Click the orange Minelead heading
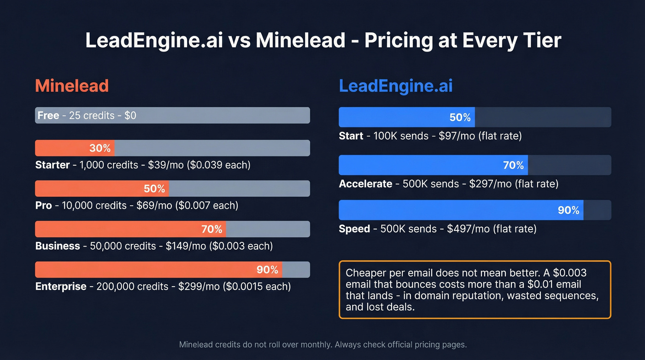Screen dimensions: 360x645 (x=72, y=86)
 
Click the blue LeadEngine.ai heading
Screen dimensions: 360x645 (x=396, y=86)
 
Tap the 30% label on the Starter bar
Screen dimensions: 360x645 (x=100, y=148)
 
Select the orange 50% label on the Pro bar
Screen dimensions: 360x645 (x=154, y=189)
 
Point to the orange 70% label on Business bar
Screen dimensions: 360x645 (x=211, y=229)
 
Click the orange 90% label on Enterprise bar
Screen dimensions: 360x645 (x=267, y=270)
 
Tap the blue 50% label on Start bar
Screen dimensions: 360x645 (x=460, y=118)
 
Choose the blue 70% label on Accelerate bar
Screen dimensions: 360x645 (x=513, y=165)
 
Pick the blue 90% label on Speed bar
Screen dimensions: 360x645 (x=569, y=210)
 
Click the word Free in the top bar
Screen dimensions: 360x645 (x=48, y=115)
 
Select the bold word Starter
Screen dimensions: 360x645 (x=53, y=165)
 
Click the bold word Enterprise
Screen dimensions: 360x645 (x=61, y=287)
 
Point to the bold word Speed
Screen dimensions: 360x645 (x=354, y=229)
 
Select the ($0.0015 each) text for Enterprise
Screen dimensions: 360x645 (x=257, y=287)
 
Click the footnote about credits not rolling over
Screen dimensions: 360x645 (x=322, y=344)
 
